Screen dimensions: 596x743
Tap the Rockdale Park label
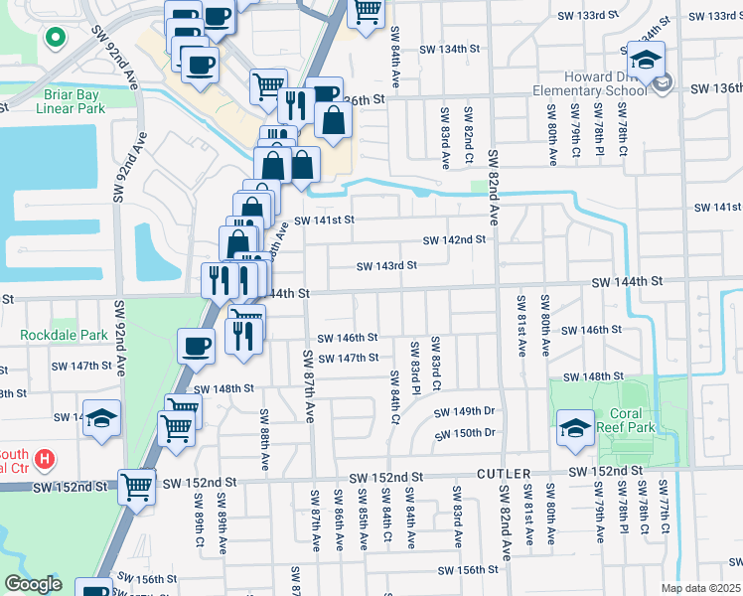tap(64, 335)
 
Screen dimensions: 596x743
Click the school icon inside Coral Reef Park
tap(573, 428)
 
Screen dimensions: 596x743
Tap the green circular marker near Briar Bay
tap(56, 40)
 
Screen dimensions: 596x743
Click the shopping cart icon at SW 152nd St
tap(137, 488)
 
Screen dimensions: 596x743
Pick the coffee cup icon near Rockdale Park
tap(197, 347)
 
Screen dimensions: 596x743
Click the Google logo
tap(33, 584)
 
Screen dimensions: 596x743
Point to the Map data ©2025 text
tap(700, 588)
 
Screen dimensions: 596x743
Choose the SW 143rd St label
tap(386, 265)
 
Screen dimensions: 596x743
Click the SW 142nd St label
tap(454, 239)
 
